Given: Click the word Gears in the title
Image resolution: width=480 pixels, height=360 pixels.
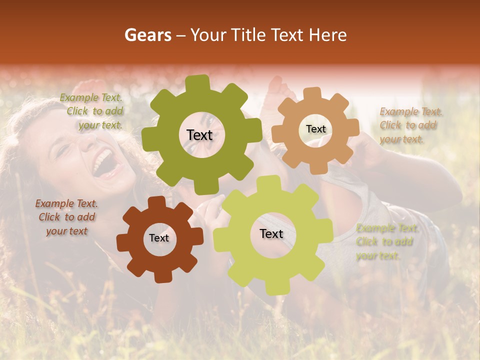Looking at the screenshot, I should [x=147, y=35].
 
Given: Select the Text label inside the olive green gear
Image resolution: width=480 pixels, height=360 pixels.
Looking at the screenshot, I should [x=199, y=135].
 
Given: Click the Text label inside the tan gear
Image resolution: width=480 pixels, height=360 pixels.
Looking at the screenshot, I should [x=315, y=129].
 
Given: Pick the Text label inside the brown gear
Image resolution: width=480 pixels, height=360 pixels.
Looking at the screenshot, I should [x=159, y=238].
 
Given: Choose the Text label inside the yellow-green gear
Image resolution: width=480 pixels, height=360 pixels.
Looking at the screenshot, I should [x=271, y=233].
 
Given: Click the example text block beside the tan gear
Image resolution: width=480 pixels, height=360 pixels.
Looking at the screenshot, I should [x=409, y=125].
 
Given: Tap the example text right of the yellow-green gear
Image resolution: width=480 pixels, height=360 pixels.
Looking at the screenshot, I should [x=386, y=242].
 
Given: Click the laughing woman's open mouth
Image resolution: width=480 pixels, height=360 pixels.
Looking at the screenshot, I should [x=104, y=163].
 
